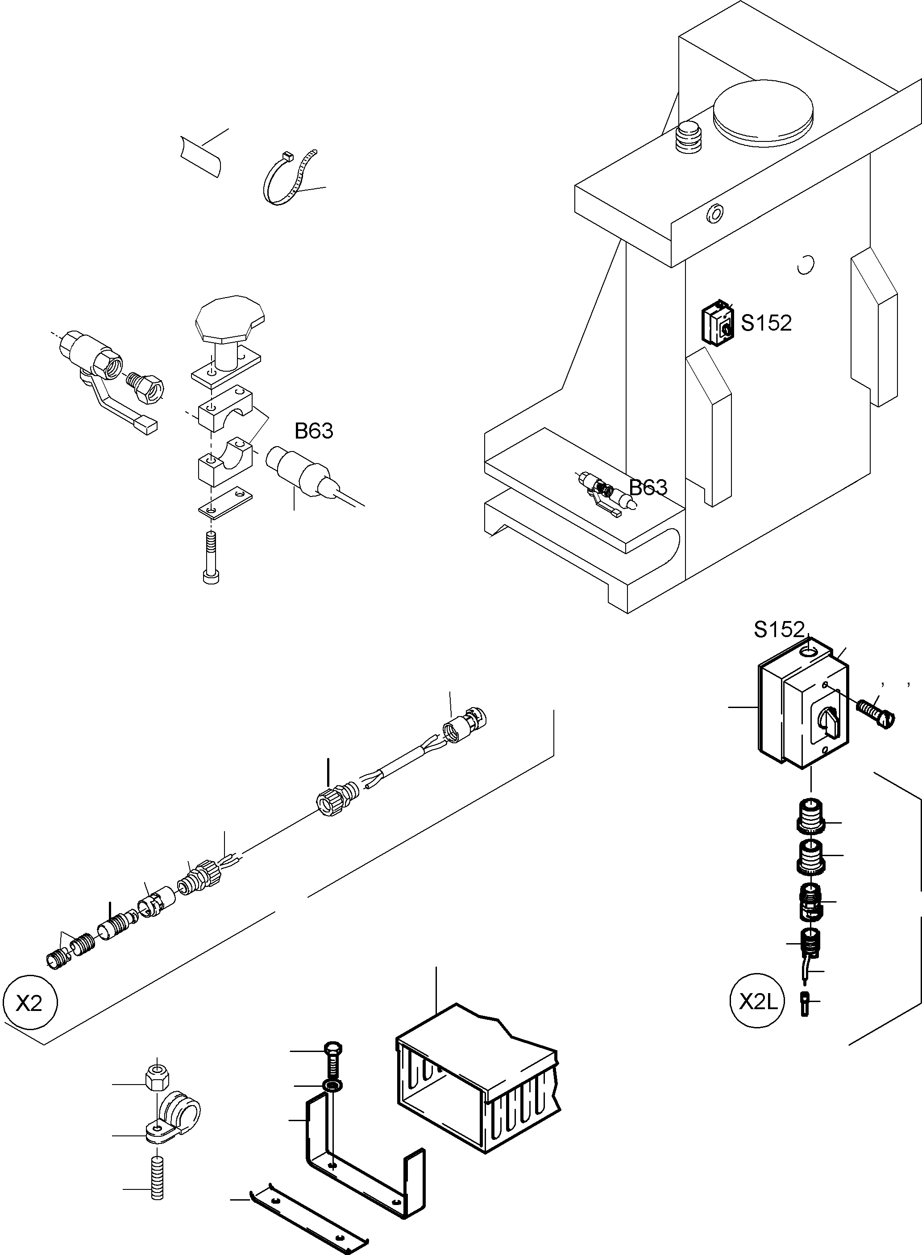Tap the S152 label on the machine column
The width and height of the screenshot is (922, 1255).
pos(766,323)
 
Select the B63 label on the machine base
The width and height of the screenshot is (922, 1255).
pos(648,487)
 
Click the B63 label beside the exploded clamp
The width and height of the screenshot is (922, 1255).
pos(314,431)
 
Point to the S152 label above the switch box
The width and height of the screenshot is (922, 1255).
pos(779,630)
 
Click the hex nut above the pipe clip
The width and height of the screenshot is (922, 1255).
pos(158,1077)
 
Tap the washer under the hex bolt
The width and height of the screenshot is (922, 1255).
pos(332,1086)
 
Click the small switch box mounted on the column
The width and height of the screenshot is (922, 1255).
pos(718,323)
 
